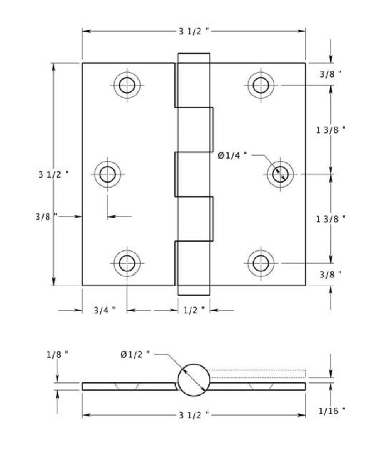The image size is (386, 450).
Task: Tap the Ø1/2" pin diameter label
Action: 135,354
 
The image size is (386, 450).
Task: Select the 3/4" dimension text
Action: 105,310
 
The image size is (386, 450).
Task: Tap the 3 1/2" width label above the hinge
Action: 194,32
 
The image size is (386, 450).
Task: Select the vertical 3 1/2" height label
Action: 54,174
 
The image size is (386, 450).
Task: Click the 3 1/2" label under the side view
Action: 194,415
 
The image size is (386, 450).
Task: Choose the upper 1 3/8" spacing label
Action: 330,130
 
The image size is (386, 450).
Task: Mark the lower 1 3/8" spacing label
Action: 330,219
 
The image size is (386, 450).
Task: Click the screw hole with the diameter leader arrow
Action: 280,174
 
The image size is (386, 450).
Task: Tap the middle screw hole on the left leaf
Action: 108,174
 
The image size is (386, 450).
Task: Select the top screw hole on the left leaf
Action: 127,85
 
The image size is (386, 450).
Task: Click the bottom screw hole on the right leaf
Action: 261,263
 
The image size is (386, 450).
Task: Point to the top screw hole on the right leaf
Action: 261,85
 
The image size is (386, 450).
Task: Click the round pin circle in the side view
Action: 194,380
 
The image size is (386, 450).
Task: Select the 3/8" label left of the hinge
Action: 46,217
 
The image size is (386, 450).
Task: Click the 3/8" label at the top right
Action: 330,74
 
